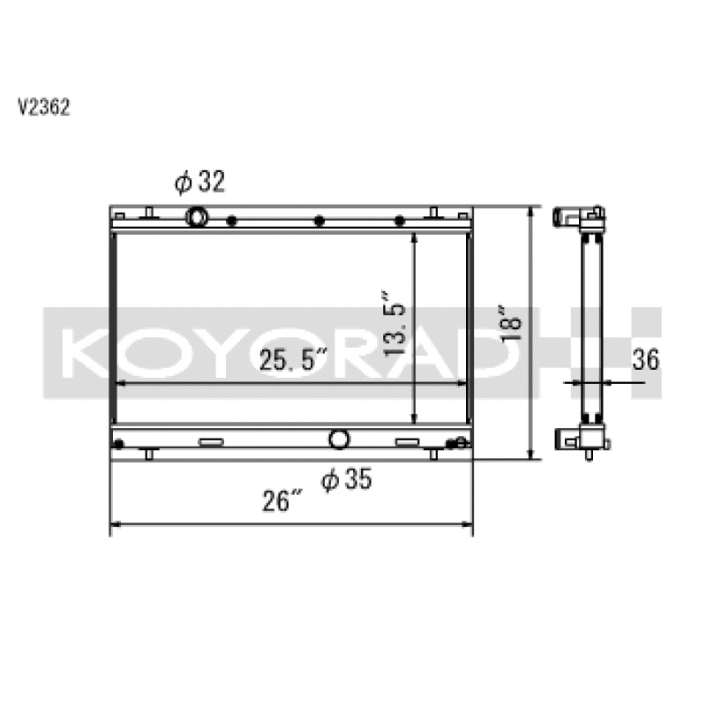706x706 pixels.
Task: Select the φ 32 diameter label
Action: (x=200, y=182)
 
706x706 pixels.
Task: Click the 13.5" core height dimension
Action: (x=394, y=323)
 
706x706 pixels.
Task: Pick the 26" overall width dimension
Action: (x=282, y=501)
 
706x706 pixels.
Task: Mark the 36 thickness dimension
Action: (x=645, y=359)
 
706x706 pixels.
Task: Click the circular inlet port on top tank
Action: (x=197, y=217)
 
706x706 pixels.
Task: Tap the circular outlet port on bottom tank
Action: (x=339, y=439)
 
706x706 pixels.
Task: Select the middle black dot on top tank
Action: (x=319, y=221)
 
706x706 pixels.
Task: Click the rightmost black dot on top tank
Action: (x=399, y=221)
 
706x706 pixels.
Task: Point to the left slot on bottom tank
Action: (x=211, y=441)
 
